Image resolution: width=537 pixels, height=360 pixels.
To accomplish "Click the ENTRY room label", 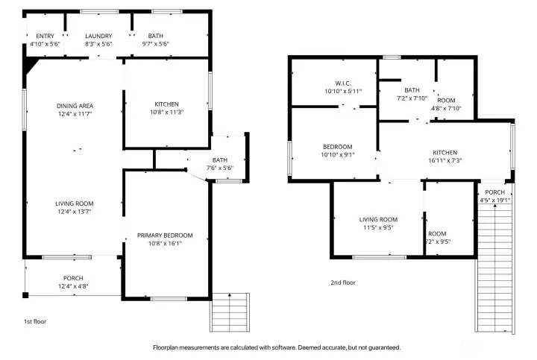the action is pos(45,36).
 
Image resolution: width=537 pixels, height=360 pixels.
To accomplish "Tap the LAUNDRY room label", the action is pos(98,36).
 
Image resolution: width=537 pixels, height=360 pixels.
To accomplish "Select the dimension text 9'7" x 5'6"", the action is pos(156,44).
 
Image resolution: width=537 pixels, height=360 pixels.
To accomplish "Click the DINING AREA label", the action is pos(75,106).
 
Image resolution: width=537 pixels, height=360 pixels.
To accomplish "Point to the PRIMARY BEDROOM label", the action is pos(165,236).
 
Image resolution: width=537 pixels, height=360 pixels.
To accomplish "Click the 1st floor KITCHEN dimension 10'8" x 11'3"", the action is pos(167,112).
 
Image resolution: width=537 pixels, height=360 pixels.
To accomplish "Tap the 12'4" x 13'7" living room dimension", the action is pos(75,212).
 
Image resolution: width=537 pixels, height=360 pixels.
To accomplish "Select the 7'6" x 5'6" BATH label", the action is pos(220,160).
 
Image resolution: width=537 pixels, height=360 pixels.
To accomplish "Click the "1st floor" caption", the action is pos(35,321).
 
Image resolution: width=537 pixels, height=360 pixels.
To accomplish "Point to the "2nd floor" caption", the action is pos(343,282).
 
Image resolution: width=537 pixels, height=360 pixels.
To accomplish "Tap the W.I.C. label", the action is pos(343,83).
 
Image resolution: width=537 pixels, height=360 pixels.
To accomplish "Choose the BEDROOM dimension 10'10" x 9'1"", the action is pos(338,155).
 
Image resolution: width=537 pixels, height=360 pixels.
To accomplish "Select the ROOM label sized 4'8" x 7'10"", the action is pos(446,101).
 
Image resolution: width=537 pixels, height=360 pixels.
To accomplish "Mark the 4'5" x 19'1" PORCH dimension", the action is pos(495,200).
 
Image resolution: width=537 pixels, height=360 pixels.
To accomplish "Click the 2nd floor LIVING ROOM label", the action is pos(378,220).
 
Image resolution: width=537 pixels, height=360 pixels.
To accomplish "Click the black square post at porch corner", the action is pos(25,295).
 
